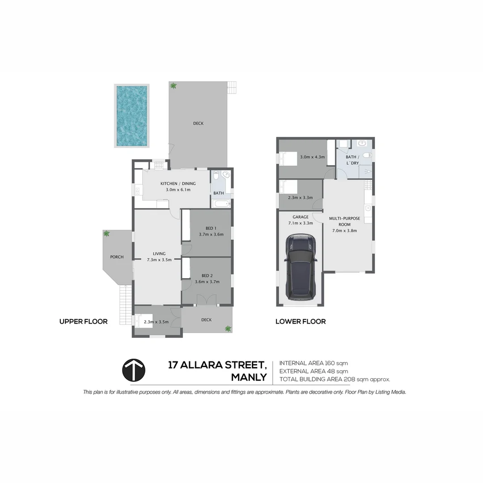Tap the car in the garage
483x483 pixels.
pyautogui.click(x=301, y=267)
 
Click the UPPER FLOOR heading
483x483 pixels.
pyautogui.click(x=84, y=321)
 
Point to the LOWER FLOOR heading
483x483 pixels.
pyautogui.click(x=301, y=321)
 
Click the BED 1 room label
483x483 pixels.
pyautogui.click(x=211, y=228)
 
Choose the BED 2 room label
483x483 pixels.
pyautogui.click(x=207, y=275)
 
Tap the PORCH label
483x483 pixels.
pyautogui.click(x=117, y=257)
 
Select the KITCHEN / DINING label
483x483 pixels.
pyautogui.click(x=178, y=183)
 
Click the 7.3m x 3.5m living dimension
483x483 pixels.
pyautogui.click(x=159, y=259)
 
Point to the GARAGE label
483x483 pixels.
pyautogui.click(x=301, y=217)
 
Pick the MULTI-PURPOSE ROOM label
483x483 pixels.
pyautogui.click(x=345, y=221)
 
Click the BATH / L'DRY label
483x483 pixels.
pyautogui.click(x=352, y=160)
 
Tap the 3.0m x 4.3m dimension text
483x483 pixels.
pyautogui.click(x=312, y=157)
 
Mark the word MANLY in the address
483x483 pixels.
pyautogui.click(x=249, y=377)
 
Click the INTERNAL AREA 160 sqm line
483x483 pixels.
pyautogui.click(x=314, y=363)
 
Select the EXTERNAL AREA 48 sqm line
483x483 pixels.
pyautogui.click(x=314, y=371)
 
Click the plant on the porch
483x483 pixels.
pyautogui.click(x=106, y=233)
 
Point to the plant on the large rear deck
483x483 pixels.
pyautogui.click(x=174, y=85)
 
